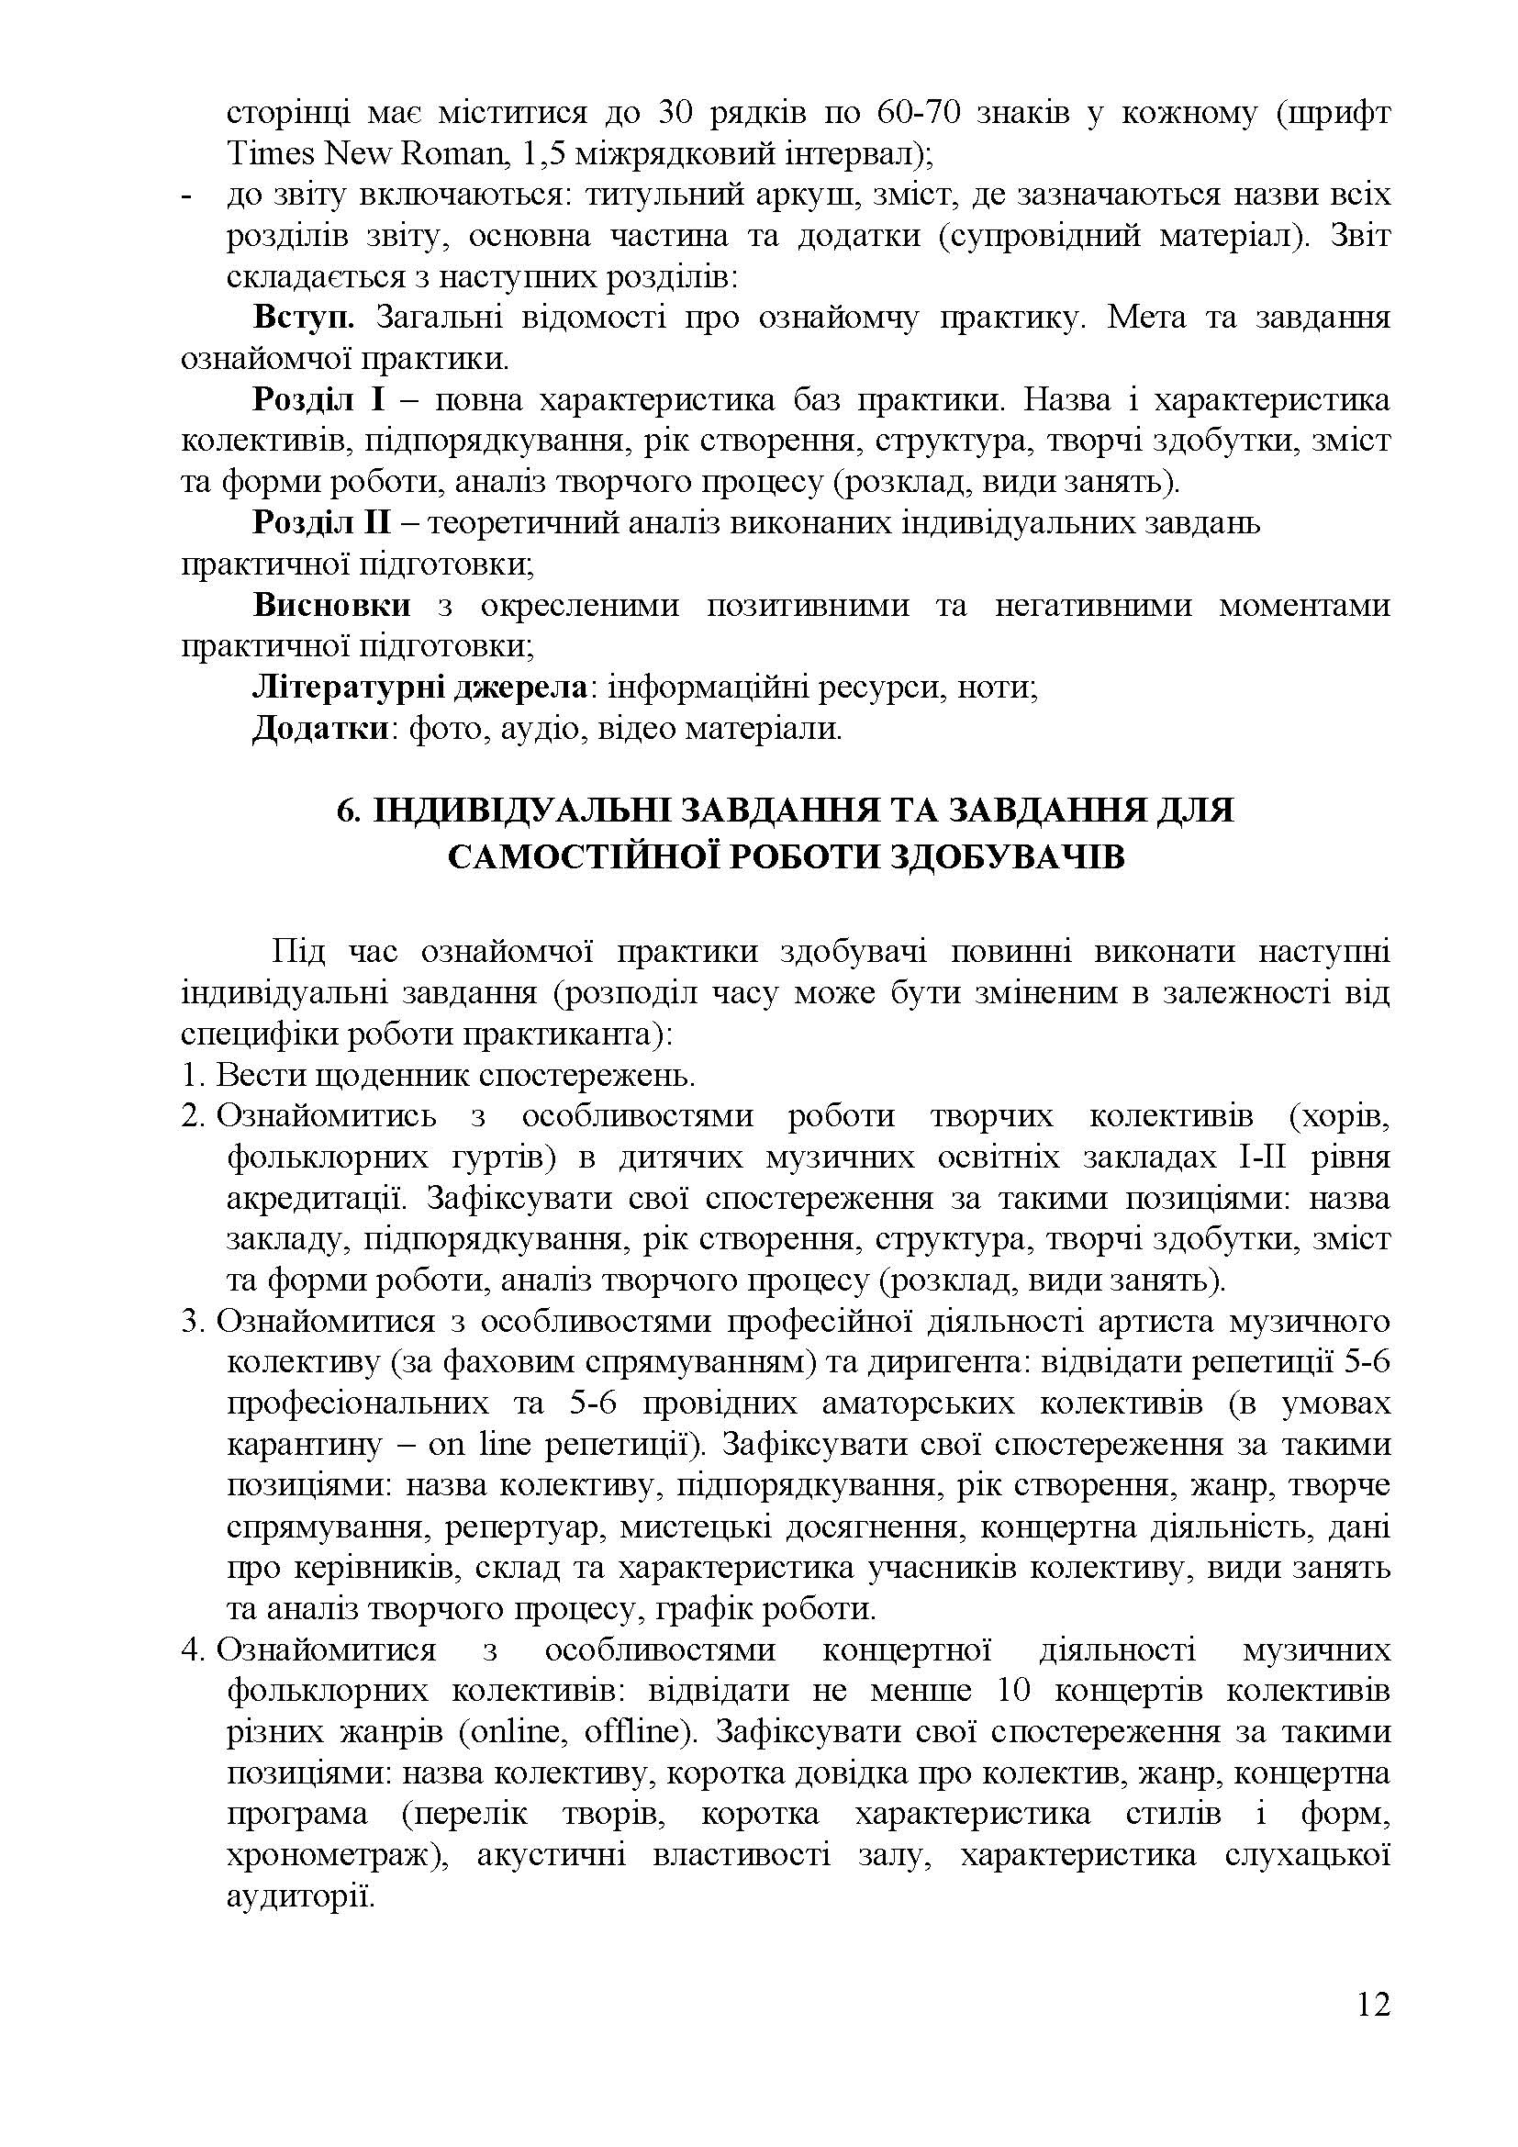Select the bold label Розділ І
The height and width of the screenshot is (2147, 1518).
318,400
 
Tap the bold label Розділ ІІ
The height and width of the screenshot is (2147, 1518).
321,522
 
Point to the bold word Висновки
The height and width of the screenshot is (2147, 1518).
332,605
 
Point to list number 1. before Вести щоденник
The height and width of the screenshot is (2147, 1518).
194,1076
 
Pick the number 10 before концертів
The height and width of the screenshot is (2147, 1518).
1013,1691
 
